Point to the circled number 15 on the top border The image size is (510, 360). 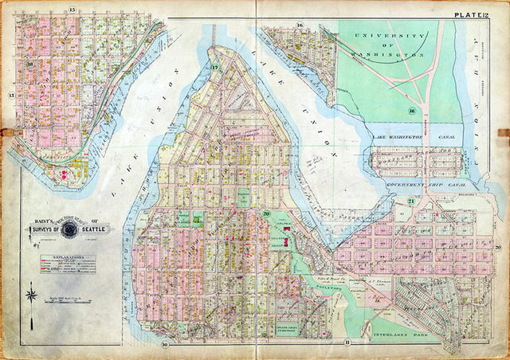click(72, 10)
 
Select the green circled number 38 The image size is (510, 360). click(30, 64)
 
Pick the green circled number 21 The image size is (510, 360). click(411, 201)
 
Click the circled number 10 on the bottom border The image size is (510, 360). click(164, 344)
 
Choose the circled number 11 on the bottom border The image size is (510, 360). click(347, 342)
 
